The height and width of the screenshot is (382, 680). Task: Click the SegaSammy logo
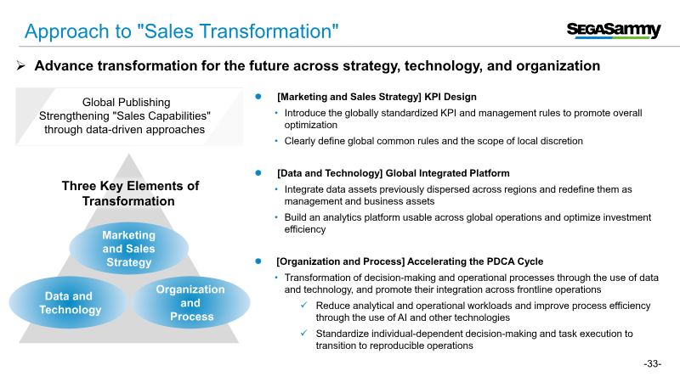click(614, 31)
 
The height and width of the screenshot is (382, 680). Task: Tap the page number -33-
click(652, 364)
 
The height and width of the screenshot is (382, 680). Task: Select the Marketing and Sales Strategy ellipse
click(129, 249)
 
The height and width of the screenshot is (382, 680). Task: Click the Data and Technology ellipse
click(69, 303)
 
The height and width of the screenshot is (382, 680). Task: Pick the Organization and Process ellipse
click(190, 303)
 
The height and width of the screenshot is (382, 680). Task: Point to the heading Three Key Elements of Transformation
click(130, 194)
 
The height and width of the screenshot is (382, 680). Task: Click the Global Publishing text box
click(129, 116)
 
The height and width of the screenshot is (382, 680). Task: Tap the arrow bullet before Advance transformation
click(20, 66)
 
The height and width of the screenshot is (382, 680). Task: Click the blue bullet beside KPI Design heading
click(258, 97)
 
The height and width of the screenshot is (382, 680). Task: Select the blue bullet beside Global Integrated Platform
click(258, 173)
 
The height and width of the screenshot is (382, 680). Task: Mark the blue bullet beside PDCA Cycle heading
click(258, 261)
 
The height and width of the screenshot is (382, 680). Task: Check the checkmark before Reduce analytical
click(304, 306)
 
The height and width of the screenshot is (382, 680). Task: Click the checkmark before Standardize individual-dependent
click(304, 333)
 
